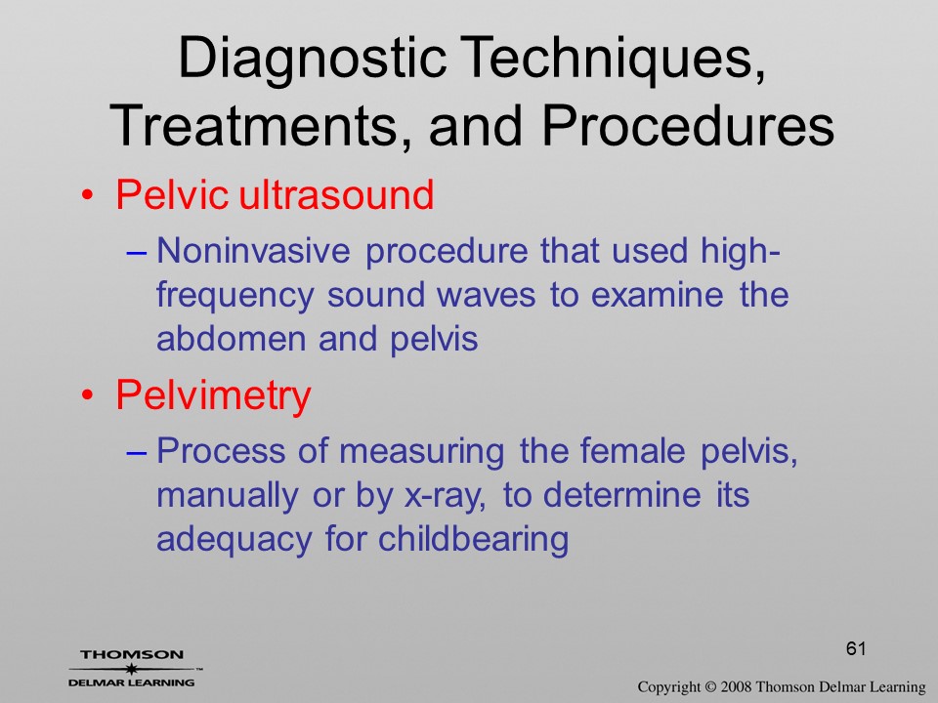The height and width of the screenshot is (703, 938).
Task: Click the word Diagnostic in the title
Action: (x=312, y=60)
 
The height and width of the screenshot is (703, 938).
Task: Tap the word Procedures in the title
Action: (x=687, y=126)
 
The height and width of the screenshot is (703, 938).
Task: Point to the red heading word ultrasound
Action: (x=336, y=194)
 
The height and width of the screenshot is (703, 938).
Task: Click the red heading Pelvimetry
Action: (x=214, y=395)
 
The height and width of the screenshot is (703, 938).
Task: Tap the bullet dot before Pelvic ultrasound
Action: (x=88, y=196)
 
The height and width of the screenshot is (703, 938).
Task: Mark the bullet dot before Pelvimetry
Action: (x=88, y=395)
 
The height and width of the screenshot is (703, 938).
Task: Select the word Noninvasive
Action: (x=253, y=250)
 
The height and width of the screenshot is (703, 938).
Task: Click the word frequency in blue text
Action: (x=234, y=296)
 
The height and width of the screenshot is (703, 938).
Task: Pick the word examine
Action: (x=657, y=295)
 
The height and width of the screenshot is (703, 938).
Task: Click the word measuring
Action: (x=421, y=452)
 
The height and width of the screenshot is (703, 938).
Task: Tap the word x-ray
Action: (x=446, y=496)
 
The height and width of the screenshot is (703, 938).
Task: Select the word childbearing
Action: (x=473, y=539)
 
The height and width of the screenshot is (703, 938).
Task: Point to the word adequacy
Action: (x=234, y=540)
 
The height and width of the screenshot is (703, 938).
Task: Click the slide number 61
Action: (x=856, y=648)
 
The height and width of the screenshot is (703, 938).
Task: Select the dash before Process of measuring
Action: (x=137, y=452)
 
